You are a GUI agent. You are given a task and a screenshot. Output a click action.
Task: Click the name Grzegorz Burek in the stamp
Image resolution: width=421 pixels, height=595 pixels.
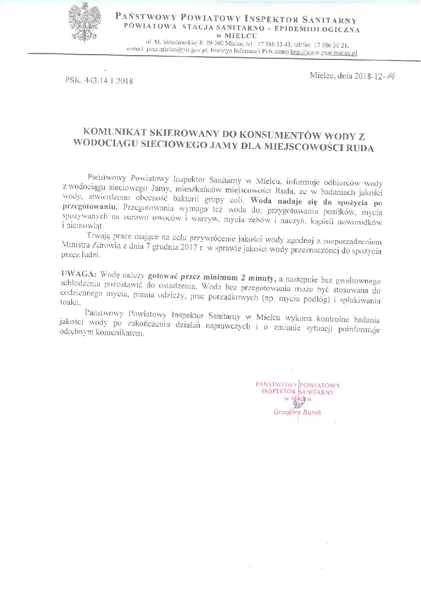pyautogui.click(x=297, y=412)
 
